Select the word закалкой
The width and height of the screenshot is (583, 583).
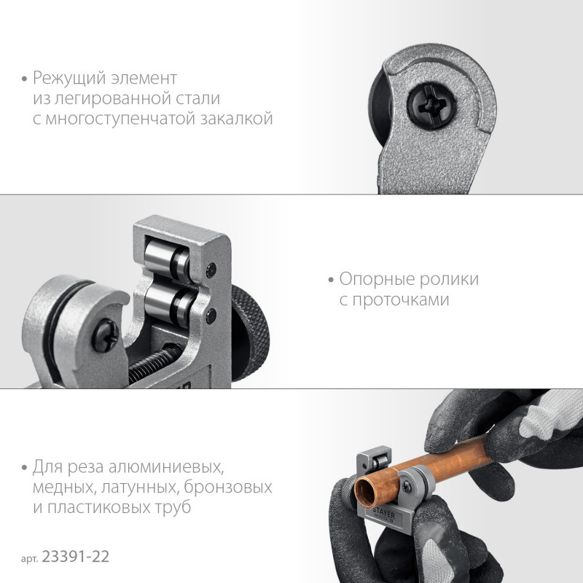[237, 119]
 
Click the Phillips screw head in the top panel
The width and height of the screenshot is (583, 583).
[431, 105]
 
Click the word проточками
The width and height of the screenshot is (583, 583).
[401, 300]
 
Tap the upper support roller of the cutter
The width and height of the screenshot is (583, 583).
[167, 259]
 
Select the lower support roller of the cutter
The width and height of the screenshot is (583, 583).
[169, 303]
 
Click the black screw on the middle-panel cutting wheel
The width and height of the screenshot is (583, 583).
[105, 335]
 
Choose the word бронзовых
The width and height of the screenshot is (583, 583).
[227, 487]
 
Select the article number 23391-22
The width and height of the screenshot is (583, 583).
[76, 557]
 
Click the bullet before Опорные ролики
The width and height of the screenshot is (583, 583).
[331, 281]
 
